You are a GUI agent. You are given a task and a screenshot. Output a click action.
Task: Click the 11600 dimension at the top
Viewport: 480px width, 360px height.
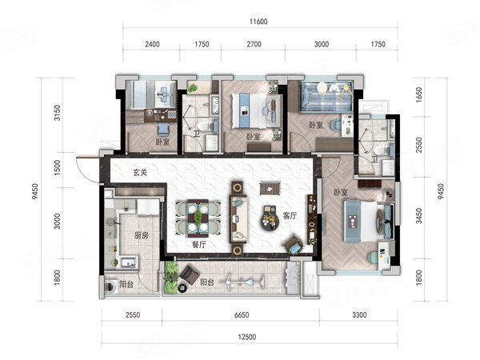pos(258,22)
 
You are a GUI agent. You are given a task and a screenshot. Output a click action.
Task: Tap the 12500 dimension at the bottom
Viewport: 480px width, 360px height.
pos(247,337)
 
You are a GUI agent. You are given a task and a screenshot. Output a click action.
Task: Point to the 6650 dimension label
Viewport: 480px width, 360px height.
pos(242,314)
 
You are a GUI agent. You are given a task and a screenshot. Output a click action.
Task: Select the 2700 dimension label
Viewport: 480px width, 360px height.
pos(254,44)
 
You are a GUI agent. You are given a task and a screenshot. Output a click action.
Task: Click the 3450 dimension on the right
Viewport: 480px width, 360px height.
pos(418,216)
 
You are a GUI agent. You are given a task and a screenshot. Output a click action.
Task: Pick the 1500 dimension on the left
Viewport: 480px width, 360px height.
pos(58,168)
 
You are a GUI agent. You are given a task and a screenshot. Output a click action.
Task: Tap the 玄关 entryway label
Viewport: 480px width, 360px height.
pos(140,172)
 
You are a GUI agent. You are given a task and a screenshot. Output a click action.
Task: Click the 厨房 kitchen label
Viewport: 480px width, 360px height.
pos(142,235)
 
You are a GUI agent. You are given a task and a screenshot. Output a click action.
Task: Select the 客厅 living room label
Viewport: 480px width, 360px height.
pos(290,215)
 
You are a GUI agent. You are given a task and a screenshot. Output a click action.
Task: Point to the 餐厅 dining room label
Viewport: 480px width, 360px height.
pos(199,244)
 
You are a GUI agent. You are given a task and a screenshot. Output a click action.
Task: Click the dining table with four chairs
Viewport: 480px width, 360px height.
pos(198,218)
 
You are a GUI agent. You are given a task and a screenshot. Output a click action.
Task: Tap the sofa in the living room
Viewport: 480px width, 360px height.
pos(238,219)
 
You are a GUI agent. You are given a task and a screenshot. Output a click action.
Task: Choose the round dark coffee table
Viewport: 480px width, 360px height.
pos(270,218)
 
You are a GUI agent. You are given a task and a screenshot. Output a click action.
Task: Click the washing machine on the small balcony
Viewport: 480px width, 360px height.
pos(110,287)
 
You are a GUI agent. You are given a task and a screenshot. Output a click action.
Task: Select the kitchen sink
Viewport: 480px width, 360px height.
pos(128,262)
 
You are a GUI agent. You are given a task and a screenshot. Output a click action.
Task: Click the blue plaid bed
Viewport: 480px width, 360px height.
pos(326,97)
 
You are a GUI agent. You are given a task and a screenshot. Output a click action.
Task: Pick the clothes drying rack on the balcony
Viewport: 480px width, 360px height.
pos(245,281)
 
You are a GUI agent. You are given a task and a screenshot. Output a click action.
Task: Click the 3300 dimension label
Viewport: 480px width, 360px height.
pos(359,314)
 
